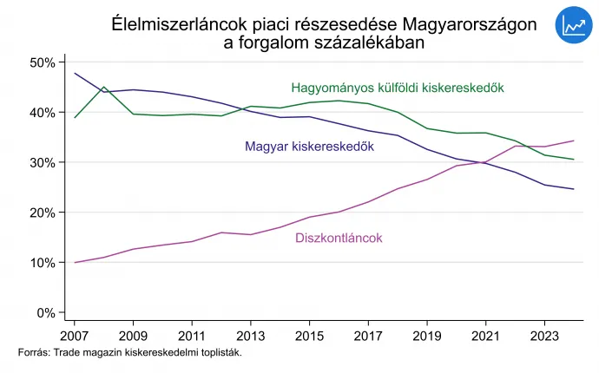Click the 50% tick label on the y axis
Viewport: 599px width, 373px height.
[x=42, y=63]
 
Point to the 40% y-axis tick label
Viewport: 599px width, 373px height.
[x=42, y=113]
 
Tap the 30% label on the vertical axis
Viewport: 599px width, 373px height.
[x=42, y=163]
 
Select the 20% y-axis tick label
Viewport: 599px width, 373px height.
[x=42, y=213]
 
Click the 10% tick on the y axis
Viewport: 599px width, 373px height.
[x=42, y=263]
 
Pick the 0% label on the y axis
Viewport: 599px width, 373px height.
[x=45, y=312]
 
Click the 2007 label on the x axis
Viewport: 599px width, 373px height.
[x=75, y=335]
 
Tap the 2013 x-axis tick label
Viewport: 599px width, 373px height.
[x=250, y=335]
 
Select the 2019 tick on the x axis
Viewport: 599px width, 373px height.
[x=426, y=335]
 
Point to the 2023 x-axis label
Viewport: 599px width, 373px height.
[x=543, y=335]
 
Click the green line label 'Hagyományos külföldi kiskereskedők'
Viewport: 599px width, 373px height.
[x=398, y=88]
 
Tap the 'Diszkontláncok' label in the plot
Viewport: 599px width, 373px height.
[x=339, y=238]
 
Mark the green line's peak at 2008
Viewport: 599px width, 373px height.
[x=104, y=87]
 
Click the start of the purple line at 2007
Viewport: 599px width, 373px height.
[x=75, y=262]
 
